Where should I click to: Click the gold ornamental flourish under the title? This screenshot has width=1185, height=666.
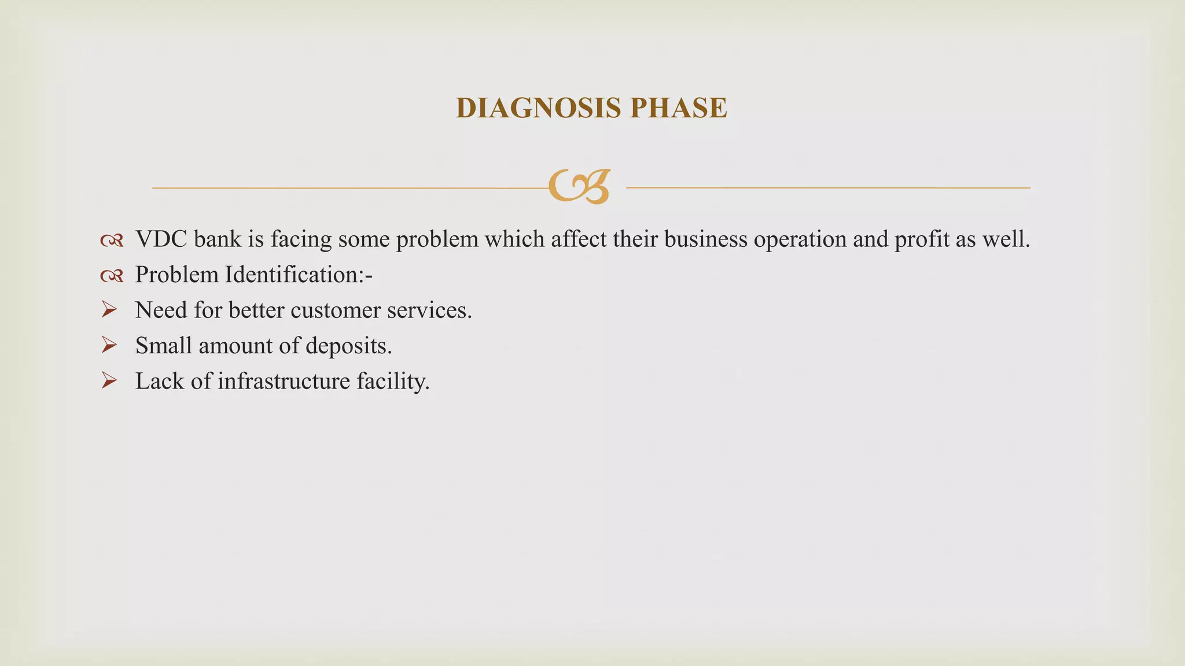[579, 187]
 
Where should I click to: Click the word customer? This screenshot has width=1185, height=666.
[336, 310]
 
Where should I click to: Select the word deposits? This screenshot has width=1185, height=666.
[348, 346]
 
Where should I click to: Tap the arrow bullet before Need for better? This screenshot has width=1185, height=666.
[109, 310]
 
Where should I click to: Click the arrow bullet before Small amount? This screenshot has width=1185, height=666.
[109, 346]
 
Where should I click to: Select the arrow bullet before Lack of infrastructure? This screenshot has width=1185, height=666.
[109, 381]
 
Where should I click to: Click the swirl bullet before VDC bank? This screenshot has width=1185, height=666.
[112, 240]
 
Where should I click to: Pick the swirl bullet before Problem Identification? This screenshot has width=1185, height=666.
[112, 276]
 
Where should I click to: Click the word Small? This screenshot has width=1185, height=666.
[163, 346]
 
